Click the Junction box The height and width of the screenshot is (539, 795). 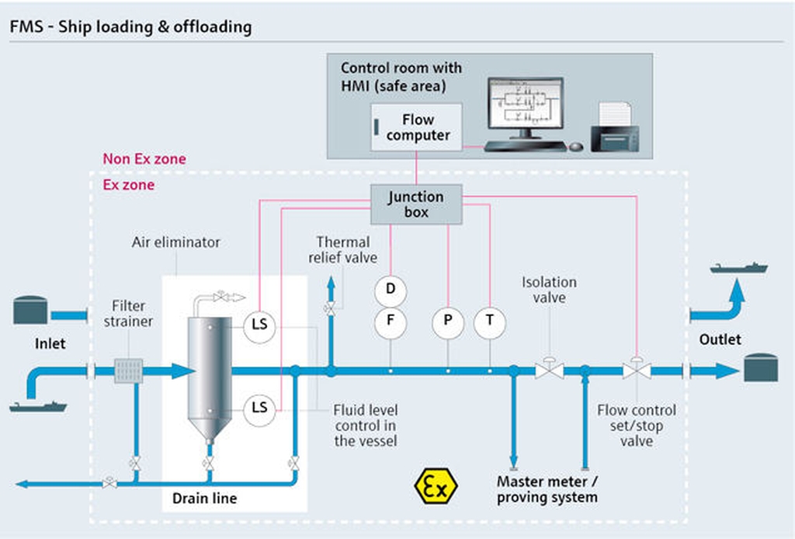(416, 204)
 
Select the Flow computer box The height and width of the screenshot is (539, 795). (416, 127)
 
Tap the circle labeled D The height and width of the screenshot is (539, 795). (391, 290)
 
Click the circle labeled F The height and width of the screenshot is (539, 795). (391, 322)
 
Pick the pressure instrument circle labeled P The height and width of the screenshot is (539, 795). (448, 322)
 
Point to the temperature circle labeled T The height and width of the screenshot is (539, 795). (490, 322)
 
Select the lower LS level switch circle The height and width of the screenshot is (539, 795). (259, 409)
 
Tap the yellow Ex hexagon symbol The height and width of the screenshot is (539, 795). (436, 487)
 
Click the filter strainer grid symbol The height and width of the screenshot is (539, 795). (128, 371)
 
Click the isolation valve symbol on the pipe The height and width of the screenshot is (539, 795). (550, 369)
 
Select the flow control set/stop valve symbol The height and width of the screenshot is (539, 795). (637, 369)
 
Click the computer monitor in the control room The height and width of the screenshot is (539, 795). (526, 109)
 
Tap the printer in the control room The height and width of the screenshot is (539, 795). (615, 128)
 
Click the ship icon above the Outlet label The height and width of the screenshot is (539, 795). (739, 268)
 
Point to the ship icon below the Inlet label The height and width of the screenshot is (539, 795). (38, 407)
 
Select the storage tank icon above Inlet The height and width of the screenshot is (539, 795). (30, 311)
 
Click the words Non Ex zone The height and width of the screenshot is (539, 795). (144, 159)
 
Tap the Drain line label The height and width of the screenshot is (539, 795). (204, 499)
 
